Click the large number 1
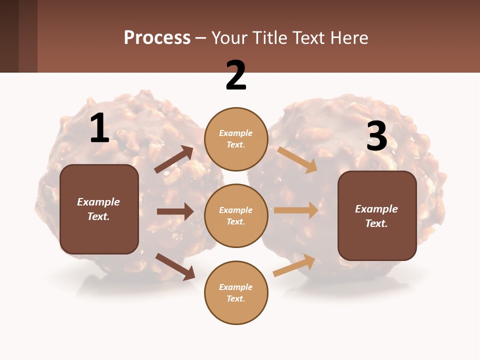(x=99, y=128)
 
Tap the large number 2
(x=236, y=75)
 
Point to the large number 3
(x=376, y=136)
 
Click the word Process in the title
(x=157, y=37)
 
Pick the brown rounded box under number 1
(x=99, y=209)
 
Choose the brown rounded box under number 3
(x=377, y=215)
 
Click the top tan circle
(x=236, y=139)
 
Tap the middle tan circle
(x=236, y=215)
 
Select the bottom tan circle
(x=236, y=292)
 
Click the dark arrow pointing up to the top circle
(x=174, y=159)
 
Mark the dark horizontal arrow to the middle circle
(x=174, y=211)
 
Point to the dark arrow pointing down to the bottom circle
(x=175, y=266)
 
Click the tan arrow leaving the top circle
(x=297, y=159)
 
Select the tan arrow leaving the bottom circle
(x=294, y=265)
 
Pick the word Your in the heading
(x=228, y=37)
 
